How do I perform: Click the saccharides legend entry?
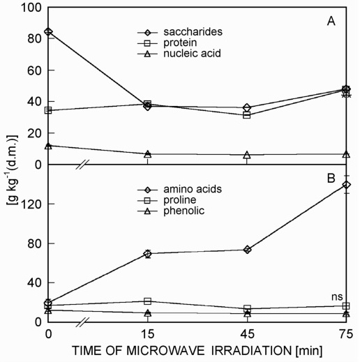(180, 32)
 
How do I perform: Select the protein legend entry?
(167, 43)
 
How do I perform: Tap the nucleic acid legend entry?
(179, 54)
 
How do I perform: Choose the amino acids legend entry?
(179, 189)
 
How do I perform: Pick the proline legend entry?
(167, 200)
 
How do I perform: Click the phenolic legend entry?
(171, 211)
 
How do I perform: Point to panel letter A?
(331, 22)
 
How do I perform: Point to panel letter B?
(331, 179)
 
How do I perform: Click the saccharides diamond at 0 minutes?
(48, 31)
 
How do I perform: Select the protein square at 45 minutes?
(247, 115)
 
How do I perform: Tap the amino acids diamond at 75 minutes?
(347, 185)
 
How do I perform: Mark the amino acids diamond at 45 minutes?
(247, 250)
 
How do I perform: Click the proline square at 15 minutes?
(148, 301)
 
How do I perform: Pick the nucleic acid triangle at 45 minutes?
(247, 155)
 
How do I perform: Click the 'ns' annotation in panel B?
(337, 296)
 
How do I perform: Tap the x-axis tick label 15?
(148, 334)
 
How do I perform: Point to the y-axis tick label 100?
(31, 8)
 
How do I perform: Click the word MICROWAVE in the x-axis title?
(165, 351)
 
